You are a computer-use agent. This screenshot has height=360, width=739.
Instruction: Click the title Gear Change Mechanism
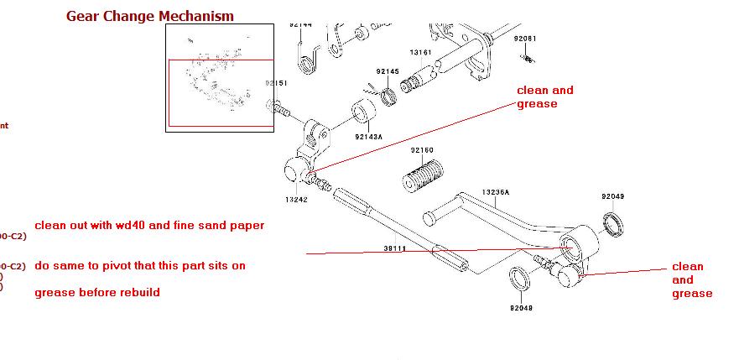click(x=150, y=16)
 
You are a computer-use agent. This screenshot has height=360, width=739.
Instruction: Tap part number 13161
click(x=420, y=52)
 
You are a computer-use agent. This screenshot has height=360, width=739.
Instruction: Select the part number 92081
click(x=525, y=39)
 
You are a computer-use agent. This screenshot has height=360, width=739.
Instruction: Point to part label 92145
click(x=388, y=71)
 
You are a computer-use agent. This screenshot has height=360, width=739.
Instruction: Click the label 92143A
click(x=367, y=137)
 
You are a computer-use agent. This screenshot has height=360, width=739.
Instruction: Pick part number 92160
click(x=422, y=150)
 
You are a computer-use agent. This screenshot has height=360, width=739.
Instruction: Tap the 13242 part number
click(x=297, y=200)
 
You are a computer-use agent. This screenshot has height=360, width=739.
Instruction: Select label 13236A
click(x=495, y=192)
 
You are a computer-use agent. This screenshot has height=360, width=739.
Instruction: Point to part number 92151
click(x=277, y=83)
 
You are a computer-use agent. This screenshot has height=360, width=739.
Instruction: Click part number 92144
click(x=301, y=25)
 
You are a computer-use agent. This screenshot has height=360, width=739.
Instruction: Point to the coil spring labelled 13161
click(x=414, y=84)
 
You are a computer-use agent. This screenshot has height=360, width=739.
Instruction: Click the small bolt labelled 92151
click(x=280, y=107)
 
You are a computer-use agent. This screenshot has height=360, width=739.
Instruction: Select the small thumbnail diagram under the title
click(x=220, y=77)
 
